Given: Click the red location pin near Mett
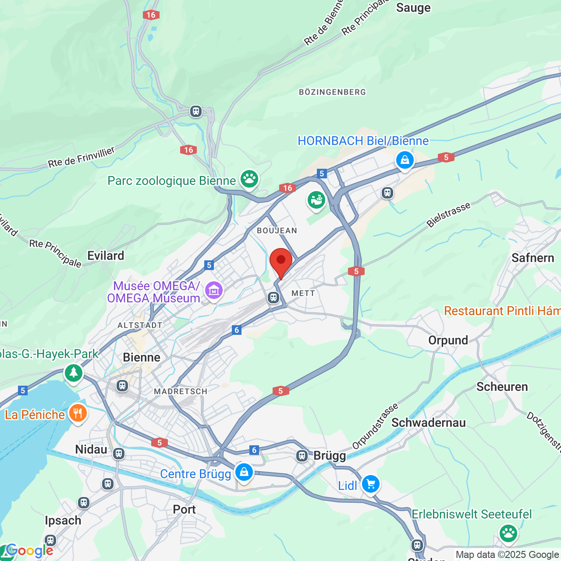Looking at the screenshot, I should tap(281, 261).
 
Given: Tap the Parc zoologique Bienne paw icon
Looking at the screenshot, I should tap(249, 179).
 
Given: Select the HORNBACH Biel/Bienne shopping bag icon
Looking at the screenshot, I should tap(405, 160).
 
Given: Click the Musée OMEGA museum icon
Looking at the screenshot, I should tap(214, 291).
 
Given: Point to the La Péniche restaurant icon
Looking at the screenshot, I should tap(78, 413).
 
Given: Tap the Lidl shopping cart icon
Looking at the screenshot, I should tap(371, 484).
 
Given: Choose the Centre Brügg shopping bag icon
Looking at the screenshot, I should tap(244, 472).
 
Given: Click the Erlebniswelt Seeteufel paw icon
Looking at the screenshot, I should tap(508, 533).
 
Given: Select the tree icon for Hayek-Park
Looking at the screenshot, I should tap(74, 373).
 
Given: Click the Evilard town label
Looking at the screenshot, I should tap(106, 256).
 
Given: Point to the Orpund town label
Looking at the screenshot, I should tap(448, 341).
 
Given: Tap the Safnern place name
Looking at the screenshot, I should tap(533, 258).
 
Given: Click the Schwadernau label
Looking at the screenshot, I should tap(428, 423).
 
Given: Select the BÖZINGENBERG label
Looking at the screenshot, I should tap(332, 92).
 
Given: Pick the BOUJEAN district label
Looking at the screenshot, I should tap(277, 231).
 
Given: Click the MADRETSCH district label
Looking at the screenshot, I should tap(181, 391).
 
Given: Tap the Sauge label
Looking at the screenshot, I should tap(413, 8).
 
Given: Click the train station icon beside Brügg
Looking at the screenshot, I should tap(302, 456).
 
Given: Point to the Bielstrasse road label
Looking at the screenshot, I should tap(448, 215).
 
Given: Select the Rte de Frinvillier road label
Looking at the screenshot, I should tap(81, 157).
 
